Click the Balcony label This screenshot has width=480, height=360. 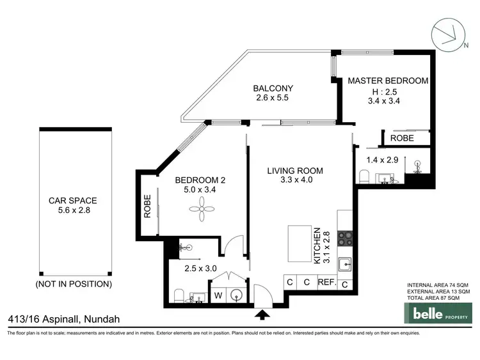click(x=273, y=88)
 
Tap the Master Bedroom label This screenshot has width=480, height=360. click(x=387, y=81)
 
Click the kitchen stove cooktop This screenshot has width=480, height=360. click(x=345, y=238)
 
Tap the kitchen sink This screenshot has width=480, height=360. click(x=345, y=263)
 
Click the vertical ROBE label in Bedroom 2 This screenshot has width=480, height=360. click(x=147, y=207)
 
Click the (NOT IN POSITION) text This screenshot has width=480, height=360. click(x=74, y=283)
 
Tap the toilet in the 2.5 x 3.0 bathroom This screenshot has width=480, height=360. click(x=179, y=295)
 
